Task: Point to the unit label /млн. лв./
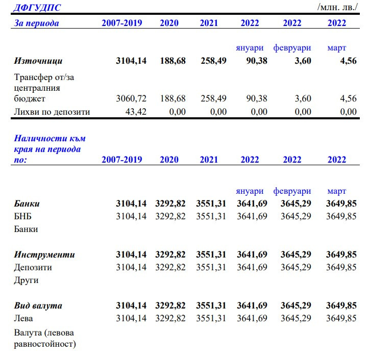point(338,8)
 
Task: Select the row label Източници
point(38,61)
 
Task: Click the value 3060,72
point(131,98)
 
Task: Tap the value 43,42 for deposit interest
point(135,112)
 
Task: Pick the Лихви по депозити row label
point(52,112)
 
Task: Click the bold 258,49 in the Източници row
point(211,61)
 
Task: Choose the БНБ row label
point(23,216)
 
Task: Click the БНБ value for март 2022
point(341,216)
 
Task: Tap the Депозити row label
point(33,267)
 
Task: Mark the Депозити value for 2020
point(170,267)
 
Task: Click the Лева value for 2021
point(211,318)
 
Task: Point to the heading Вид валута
point(38,305)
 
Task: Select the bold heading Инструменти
point(44,254)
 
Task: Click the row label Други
point(26,280)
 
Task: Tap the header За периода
point(36,23)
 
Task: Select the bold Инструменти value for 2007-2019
point(131,254)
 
